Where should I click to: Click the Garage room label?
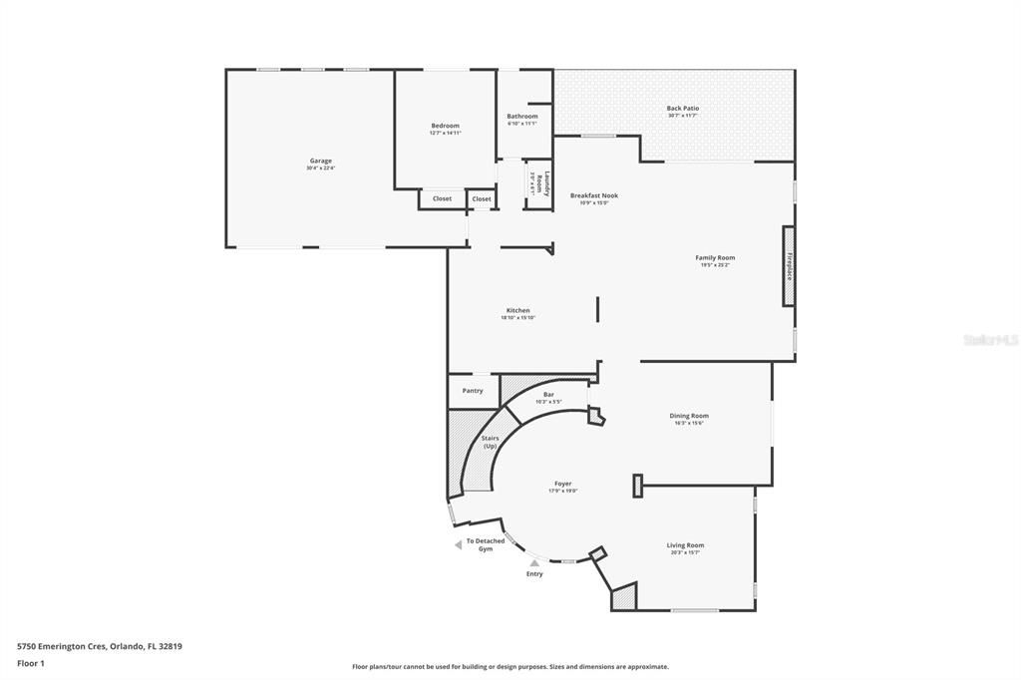320,162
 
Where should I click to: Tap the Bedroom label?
445,127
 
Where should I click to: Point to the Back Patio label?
683,109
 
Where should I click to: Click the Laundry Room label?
538,183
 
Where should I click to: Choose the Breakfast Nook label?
593,196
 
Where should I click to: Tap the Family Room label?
715,258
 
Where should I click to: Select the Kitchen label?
517,311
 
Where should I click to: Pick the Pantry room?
473,391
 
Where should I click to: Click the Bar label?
548,396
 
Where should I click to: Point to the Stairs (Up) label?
490,442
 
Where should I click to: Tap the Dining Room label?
689,417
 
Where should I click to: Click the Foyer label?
563,485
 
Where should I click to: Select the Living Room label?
685,546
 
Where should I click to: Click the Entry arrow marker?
534,563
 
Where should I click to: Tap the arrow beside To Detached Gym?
458,544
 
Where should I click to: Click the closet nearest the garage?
442,198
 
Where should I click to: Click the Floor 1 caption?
31,663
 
